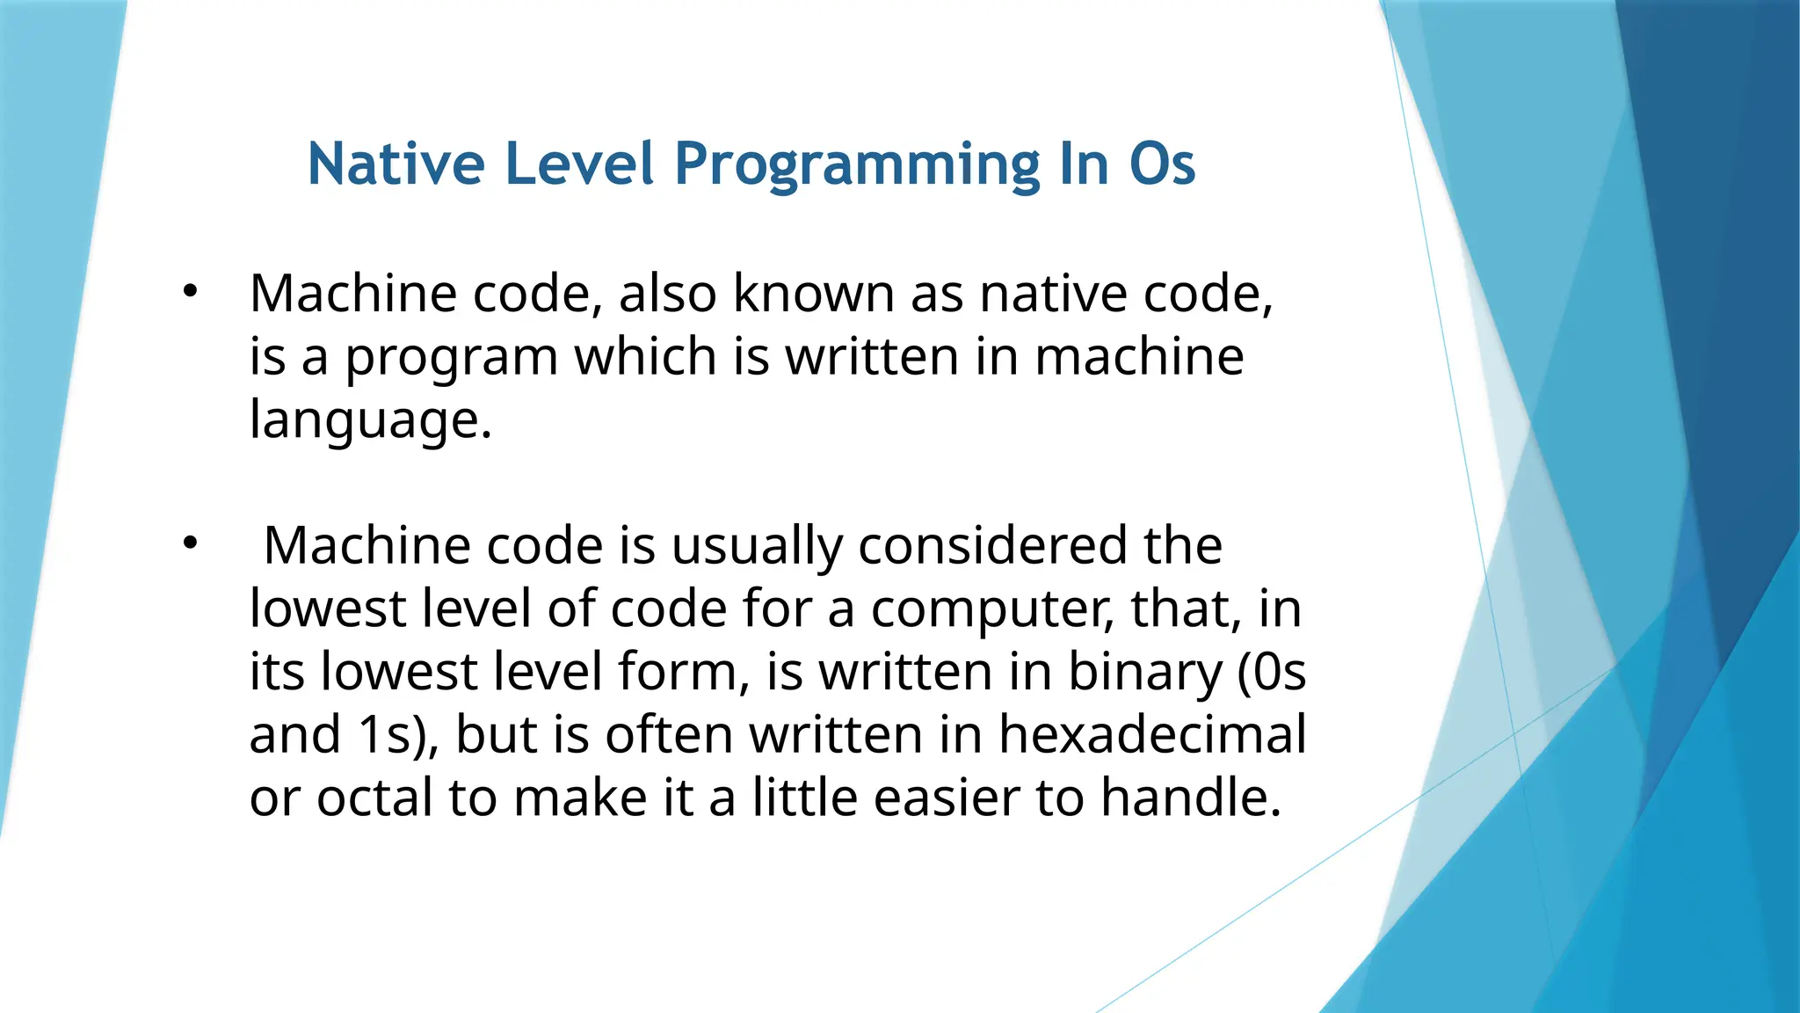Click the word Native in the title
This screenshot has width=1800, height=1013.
(x=396, y=164)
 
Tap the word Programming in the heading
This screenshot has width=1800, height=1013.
(x=857, y=164)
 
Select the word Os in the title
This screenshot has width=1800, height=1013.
(x=1162, y=164)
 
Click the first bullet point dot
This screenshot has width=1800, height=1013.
(x=191, y=291)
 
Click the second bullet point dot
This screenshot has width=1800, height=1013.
(x=191, y=543)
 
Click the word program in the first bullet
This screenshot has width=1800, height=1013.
(x=451, y=357)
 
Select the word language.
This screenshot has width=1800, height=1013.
(x=369, y=420)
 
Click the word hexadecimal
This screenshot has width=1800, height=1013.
(x=1152, y=735)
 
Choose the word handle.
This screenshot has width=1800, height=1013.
(x=1191, y=798)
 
